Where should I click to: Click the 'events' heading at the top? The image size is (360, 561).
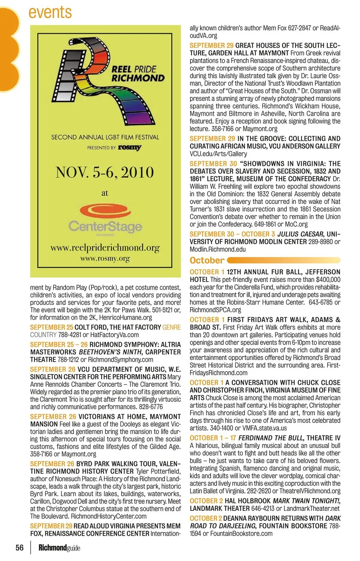coord(50,12)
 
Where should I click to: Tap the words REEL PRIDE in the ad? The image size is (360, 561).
coord(134,69)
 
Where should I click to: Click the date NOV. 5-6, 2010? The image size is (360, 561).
coord(105,172)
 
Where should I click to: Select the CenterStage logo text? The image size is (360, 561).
coord(105,226)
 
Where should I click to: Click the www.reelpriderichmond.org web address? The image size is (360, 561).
coord(105,247)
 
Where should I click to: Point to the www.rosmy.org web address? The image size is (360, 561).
coord(105,258)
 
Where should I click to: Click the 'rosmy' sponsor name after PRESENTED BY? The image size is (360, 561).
coord(130,147)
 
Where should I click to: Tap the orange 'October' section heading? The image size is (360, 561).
coord(207,260)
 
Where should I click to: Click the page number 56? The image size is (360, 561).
coord(19,547)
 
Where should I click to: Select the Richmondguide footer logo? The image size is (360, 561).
coord(59,548)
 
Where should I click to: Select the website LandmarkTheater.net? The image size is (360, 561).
coord(311,508)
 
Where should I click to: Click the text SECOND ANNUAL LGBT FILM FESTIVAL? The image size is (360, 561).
coord(105,137)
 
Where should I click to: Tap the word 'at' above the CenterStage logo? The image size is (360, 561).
coord(105,193)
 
